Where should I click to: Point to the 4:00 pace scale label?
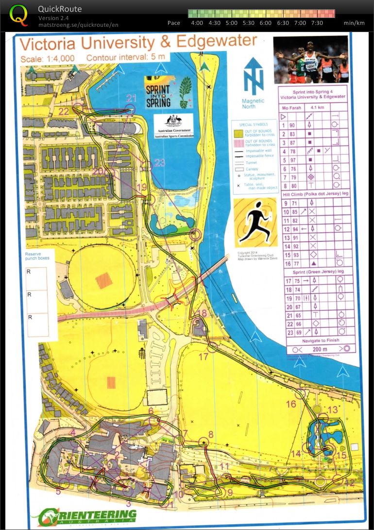(x=197, y=23)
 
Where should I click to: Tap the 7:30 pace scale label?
(x=317, y=23)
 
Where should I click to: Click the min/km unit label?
(x=354, y=23)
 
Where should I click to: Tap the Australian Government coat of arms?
(x=173, y=122)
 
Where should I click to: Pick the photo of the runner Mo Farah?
(x=311, y=60)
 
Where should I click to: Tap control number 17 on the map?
(x=204, y=357)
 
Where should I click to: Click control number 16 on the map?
(x=291, y=404)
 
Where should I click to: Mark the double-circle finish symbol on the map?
(x=195, y=235)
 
